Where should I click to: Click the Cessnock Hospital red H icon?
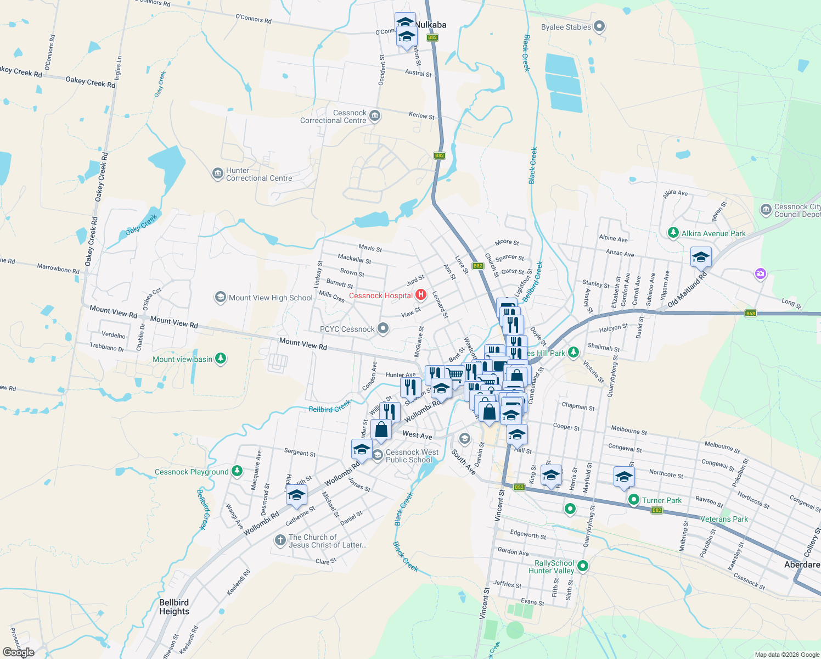click(421, 295)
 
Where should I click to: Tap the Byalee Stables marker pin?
click(599, 26)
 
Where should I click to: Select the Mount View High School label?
click(271, 298)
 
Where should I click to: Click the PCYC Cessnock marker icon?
click(383, 328)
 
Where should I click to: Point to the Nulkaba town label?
click(431, 25)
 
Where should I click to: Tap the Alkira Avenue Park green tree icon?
click(673, 233)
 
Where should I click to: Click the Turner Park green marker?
click(634, 500)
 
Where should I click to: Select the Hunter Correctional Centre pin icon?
click(217, 174)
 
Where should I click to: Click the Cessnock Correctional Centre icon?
click(375, 115)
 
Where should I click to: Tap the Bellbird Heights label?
click(174, 607)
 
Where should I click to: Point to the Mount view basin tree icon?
click(221, 359)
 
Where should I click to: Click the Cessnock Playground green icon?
click(237, 471)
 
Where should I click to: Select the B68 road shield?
click(751, 314)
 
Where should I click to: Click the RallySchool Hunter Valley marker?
click(583, 566)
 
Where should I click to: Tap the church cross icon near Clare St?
click(280, 540)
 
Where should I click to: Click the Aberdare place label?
click(802, 565)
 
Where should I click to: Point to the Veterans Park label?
click(724, 519)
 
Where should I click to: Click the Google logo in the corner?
click(19, 652)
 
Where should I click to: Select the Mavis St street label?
click(370, 248)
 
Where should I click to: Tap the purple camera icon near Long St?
click(760, 273)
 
